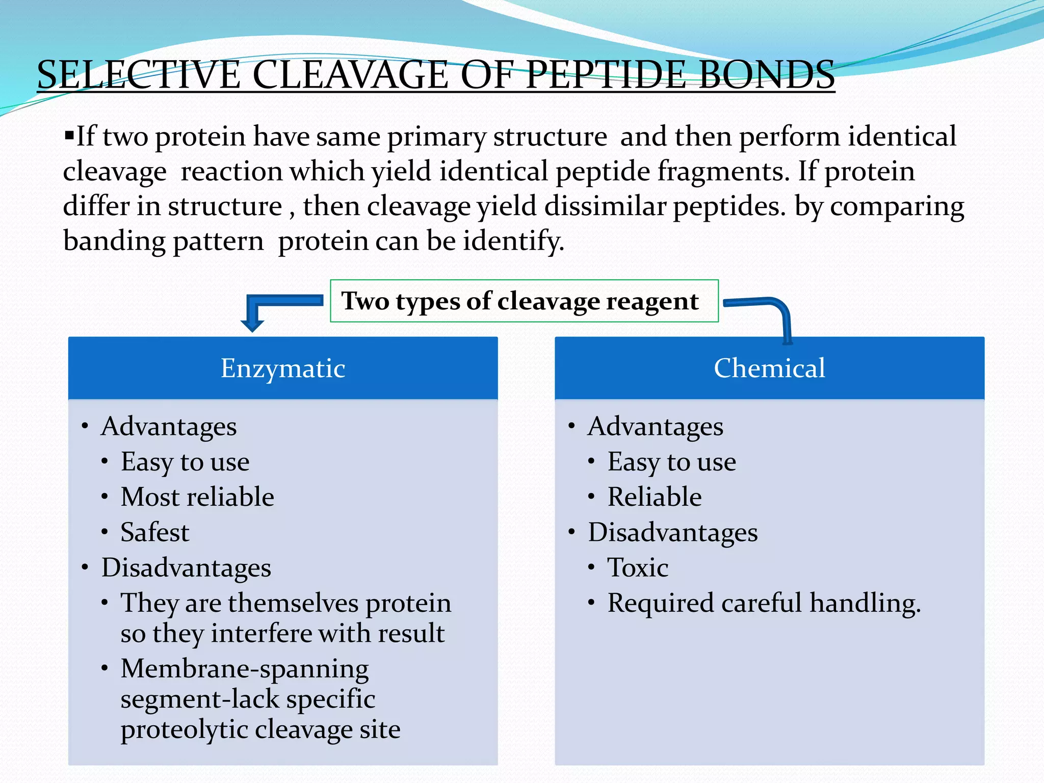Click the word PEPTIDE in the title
tap(605, 75)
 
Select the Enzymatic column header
tap(283, 368)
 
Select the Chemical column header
tap(769, 368)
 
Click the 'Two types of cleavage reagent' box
tap(524, 301)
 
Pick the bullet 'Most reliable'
tap(197, 497)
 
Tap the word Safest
tap(155, 532)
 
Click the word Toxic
tap(638, 567)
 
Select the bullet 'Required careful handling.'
tap(764, 603)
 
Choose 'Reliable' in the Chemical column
tap(655, 497)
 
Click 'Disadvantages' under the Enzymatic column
tap(186, 568)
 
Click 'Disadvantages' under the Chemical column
tap(673, 533)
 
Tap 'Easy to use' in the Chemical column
tap(672, 462)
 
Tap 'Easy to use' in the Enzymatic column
tap(185, 462)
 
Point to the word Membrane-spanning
tap(245, 669)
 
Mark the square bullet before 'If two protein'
tap(69, 136)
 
